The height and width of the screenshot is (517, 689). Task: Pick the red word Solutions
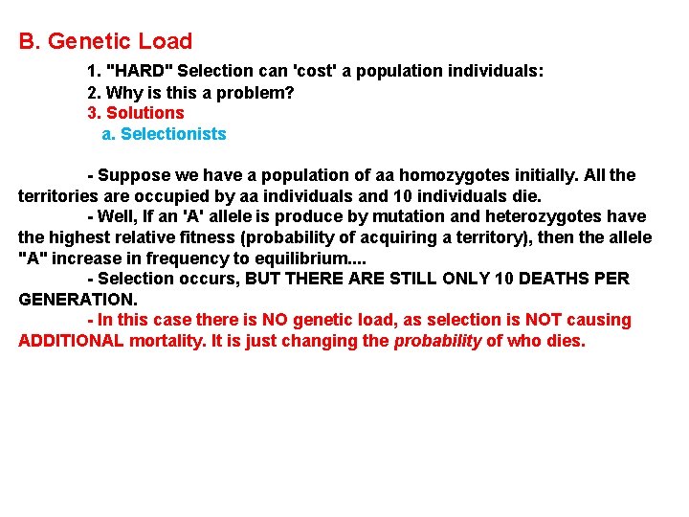click(144, 113)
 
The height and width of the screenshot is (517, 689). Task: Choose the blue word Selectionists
click(173, 134)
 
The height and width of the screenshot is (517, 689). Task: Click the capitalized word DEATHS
click(543, 279)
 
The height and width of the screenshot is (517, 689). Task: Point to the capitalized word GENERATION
click(77, 299)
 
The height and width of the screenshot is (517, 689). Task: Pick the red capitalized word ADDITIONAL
click(71, 341)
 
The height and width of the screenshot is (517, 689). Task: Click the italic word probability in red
click(437, 341)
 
